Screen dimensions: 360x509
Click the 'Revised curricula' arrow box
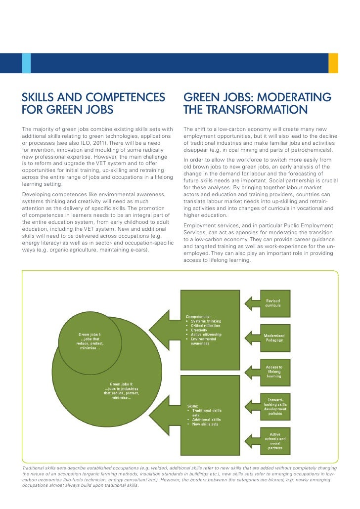[x=273, y=303]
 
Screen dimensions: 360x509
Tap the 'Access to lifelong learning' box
[x=273, y=372]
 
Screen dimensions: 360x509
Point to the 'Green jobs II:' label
[x=121, y=383]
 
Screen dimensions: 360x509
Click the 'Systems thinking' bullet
[x=205, y=321]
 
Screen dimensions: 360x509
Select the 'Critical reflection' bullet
[x=206, y=326]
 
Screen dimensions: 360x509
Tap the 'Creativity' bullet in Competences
[x=200, y=330]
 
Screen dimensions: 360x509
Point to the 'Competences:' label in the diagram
[x=198, y=316]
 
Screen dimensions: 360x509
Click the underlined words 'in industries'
[x=128, y=388]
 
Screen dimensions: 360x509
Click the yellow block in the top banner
[x=333, y=63]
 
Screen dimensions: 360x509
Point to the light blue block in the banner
[x=26, y=63]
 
